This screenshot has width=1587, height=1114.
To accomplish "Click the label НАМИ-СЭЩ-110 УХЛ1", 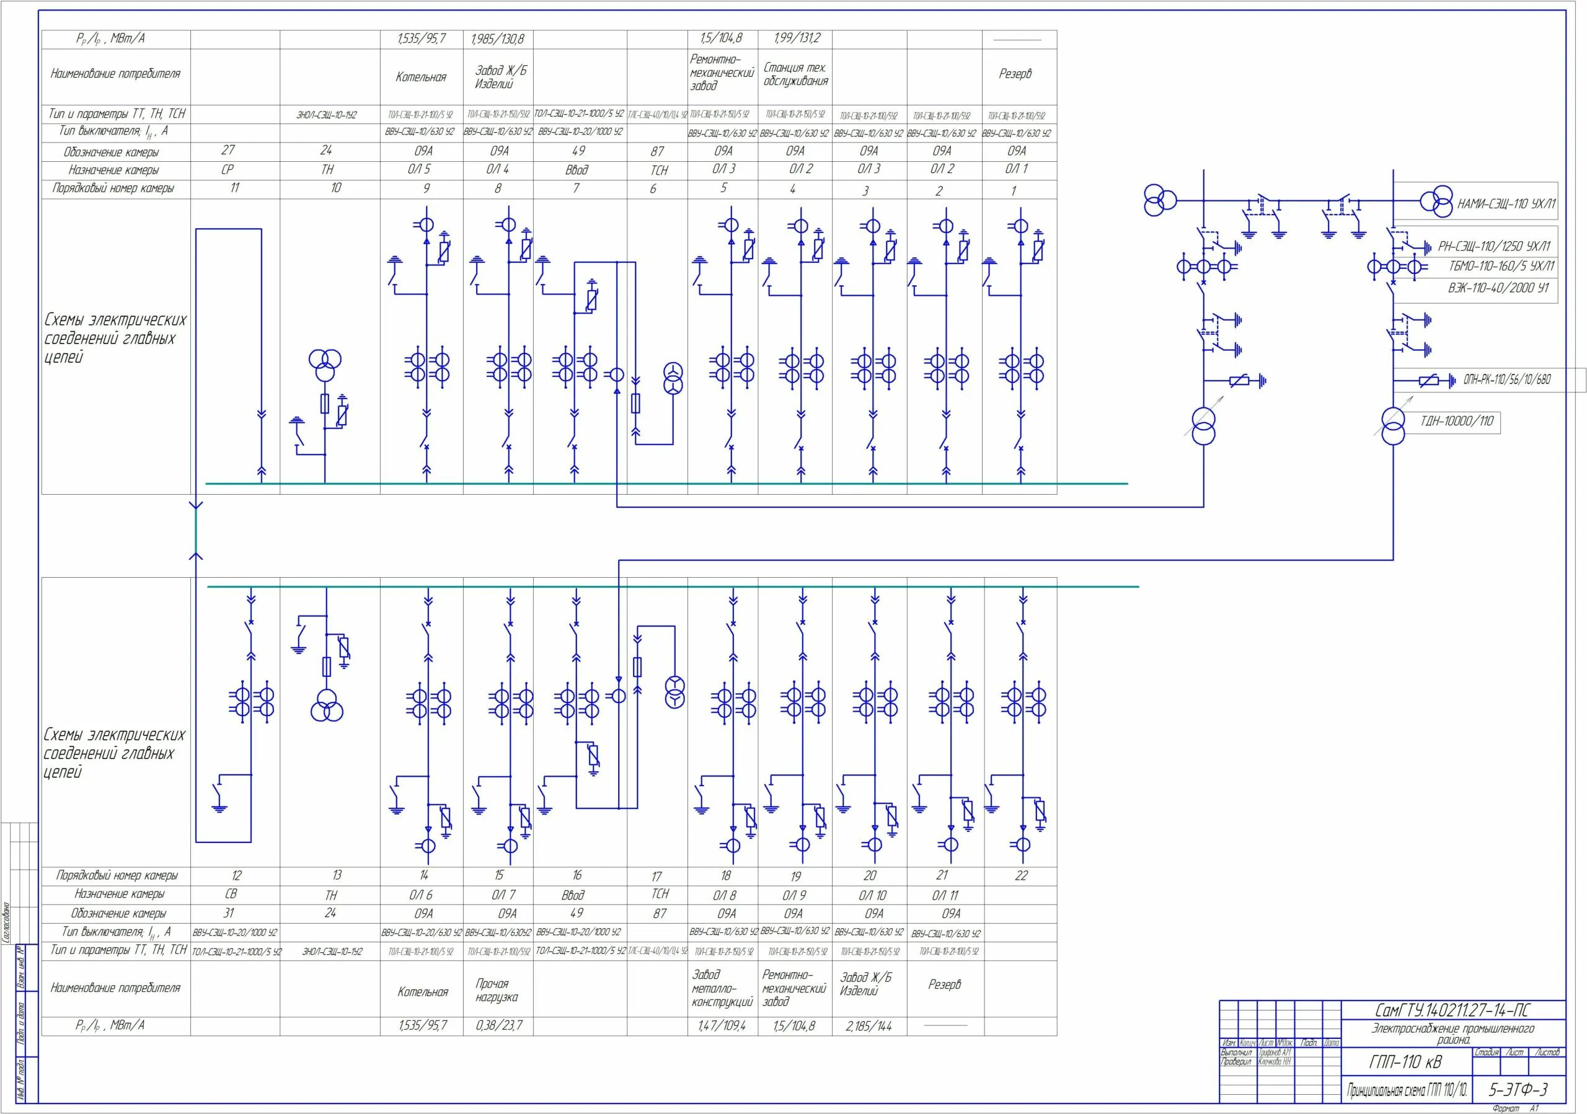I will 1505,204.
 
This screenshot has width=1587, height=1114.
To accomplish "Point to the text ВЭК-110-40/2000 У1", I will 1498,288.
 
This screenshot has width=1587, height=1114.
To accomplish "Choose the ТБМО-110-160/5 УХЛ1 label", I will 1501,267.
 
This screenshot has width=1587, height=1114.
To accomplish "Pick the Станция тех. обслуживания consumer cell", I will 795,74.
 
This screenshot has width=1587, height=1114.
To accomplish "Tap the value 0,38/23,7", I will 498,1025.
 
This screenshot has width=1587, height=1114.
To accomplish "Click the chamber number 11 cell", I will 234,188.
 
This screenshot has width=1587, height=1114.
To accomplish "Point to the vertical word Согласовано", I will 6,922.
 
